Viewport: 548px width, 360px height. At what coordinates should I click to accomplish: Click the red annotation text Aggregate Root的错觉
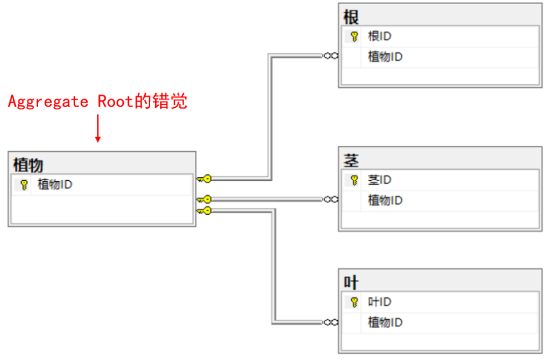97,102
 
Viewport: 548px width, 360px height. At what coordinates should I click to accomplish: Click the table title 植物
28,165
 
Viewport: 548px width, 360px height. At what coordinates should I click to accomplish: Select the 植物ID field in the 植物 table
55,185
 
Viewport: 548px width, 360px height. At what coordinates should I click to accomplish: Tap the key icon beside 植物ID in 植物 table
23,185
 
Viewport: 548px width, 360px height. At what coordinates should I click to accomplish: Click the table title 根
351,17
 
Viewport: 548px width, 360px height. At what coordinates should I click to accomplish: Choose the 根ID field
380,37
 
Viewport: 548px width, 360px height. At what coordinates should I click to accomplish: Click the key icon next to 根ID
354,37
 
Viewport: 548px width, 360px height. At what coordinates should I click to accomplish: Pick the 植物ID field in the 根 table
385,57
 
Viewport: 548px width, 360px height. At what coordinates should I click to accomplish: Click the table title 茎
351,161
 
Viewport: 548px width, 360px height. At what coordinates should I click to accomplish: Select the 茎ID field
380,180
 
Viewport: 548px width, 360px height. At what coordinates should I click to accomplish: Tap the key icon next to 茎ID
354,180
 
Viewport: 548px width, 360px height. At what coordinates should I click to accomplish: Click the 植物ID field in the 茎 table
385,201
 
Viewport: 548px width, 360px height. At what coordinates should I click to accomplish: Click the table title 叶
351,283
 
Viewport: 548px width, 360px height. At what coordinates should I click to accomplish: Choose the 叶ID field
380,302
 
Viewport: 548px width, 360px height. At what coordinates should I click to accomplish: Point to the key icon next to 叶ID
354,302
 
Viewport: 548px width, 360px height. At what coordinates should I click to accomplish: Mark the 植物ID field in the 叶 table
385,322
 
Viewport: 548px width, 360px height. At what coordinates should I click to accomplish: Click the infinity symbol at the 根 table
331,56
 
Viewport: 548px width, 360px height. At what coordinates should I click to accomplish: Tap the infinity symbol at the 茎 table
331,199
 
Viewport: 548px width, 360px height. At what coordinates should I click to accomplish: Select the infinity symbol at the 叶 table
331,322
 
